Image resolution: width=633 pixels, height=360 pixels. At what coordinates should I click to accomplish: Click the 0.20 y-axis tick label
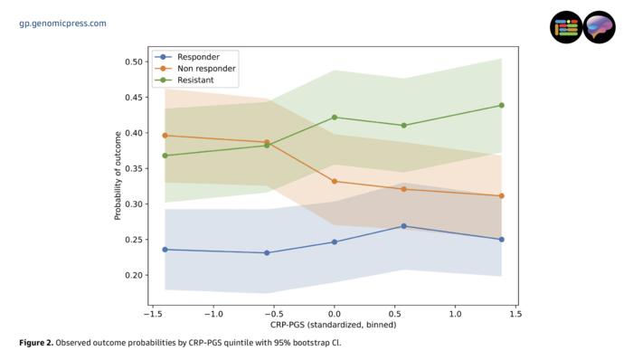click(x=134, y=275)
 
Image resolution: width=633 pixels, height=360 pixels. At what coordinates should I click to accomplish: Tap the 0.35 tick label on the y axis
click(x=134, y=168)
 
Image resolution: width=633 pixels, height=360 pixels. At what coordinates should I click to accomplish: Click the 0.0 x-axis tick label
click(x=334, y=314)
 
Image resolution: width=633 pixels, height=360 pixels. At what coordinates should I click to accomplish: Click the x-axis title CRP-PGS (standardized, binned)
click(x=333, y=325)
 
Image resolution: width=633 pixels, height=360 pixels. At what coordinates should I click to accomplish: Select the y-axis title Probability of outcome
click(x=118, y=175)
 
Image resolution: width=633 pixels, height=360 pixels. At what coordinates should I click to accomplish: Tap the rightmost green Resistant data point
click(x=501, y=105)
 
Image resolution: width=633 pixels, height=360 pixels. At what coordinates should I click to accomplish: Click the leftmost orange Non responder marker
click(x=165, y=136)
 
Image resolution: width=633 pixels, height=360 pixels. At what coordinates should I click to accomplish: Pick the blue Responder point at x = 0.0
click(x=334, y=242)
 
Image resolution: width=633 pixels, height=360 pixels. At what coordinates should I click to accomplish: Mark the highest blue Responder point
click(x=403, y=226)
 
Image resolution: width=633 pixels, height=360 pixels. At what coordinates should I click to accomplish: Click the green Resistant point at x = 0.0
click(x=334, y=117)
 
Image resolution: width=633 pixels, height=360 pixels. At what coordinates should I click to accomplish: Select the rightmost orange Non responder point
click(x=501, y=195)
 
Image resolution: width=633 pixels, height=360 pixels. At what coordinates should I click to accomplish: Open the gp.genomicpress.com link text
click(x=62, y=23)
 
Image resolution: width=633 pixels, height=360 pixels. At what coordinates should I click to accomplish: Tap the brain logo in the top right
click(x=599, y=27)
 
